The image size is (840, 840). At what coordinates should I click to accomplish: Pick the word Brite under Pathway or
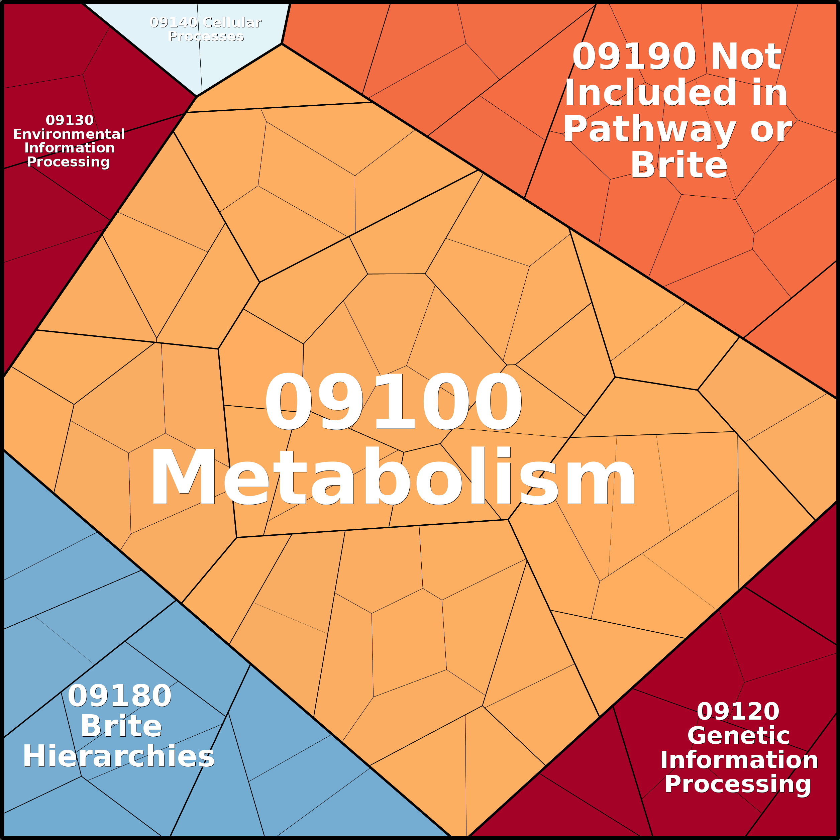coord(679,165)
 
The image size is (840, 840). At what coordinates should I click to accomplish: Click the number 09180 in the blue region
coord(120,696)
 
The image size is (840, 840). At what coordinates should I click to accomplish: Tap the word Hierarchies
coord(119,756)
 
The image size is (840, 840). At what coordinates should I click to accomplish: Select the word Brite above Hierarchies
coord(121,726)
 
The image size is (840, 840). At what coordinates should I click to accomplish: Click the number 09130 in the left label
coord(70,120)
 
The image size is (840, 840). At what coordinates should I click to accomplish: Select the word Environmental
coord(69,134)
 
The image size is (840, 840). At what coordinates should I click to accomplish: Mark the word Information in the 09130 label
coord(70,148)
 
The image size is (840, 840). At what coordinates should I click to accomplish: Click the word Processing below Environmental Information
coord(68,162)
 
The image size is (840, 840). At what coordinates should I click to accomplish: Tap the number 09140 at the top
coord(174,22)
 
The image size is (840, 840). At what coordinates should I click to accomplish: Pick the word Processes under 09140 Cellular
coord(206,36)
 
